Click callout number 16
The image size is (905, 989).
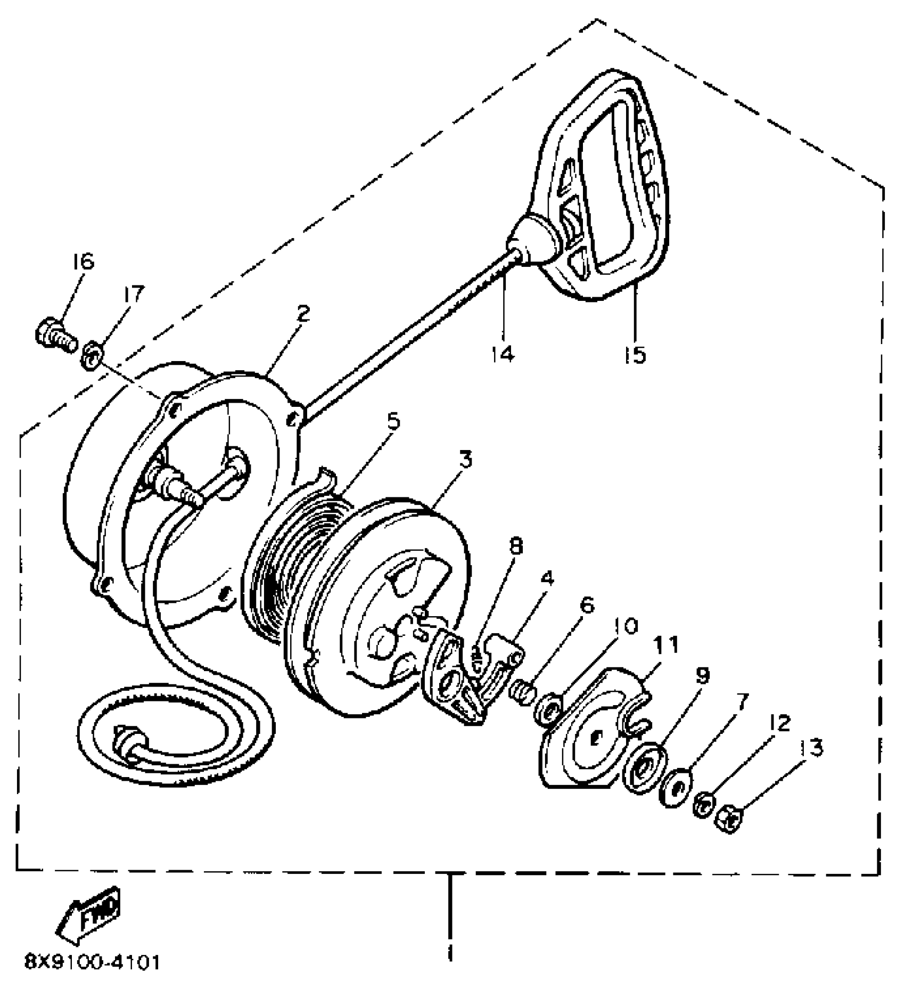pos(82,262)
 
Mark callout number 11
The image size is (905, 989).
pos(667,645)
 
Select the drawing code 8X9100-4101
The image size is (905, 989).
pos(92,962)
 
